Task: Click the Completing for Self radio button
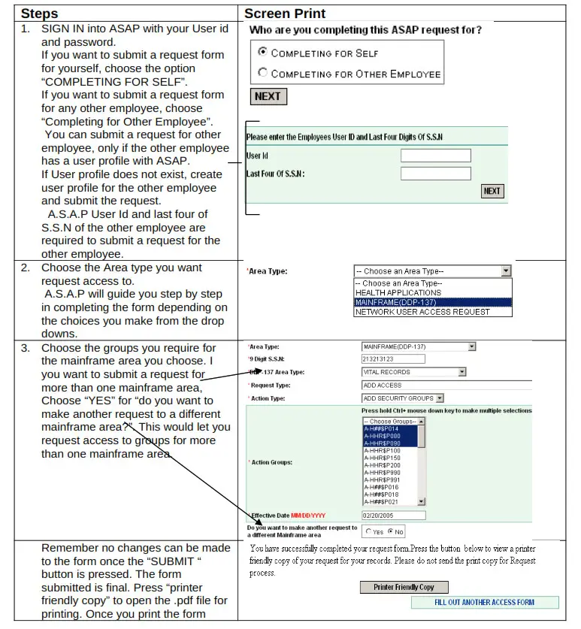tap(262, 53)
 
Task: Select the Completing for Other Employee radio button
tap(262, 73)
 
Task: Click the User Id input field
tap(435, 156)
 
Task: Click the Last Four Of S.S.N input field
tap(435, 174)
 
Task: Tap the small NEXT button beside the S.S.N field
tap(492, 191)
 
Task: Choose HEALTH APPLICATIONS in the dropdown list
tap(398, 293)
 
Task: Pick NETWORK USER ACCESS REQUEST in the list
tap(422, 312)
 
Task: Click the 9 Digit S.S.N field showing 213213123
tap(393, 359)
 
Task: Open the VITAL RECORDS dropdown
tap(413, 372)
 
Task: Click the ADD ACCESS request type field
tap(443, 385)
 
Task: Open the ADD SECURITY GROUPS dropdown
tap(403, 398)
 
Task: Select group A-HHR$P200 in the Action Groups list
tap(383, 465)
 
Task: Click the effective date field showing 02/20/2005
tap(393, 516)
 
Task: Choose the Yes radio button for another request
tap(368, 531)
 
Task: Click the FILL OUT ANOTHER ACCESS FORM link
tap(484, 603)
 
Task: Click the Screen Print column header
tap(285, 14)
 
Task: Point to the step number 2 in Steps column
tap(26, 268)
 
